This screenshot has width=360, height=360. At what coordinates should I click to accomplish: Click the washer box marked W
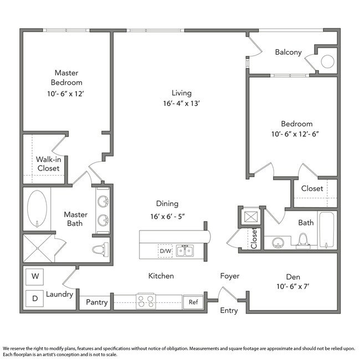point(35,275)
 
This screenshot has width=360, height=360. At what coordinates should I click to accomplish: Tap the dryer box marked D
point(35,298)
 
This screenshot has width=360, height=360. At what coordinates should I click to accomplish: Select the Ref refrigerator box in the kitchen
point(193,302)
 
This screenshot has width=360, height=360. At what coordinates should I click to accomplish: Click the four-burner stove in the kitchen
point(146,301)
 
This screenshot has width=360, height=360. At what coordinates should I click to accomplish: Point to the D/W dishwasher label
point(165,251)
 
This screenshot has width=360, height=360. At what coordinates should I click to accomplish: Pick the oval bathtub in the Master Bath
point(37,208)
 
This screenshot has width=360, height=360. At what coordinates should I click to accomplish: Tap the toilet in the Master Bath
point(100,250)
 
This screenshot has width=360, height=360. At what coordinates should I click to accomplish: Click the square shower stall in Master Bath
point(38,247)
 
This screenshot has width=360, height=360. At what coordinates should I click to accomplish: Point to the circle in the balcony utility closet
point(327,61)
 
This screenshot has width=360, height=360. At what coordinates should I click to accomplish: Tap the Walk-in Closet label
point(48,164)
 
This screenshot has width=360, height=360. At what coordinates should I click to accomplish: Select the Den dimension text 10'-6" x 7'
point(292,286)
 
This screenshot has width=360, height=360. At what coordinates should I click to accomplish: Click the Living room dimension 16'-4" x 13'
point(181,103)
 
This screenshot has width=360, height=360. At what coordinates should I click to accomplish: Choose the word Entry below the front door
point(229,310)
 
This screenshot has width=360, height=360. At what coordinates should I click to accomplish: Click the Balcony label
point(288,53)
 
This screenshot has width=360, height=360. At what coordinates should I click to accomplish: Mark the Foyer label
point(230,276)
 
